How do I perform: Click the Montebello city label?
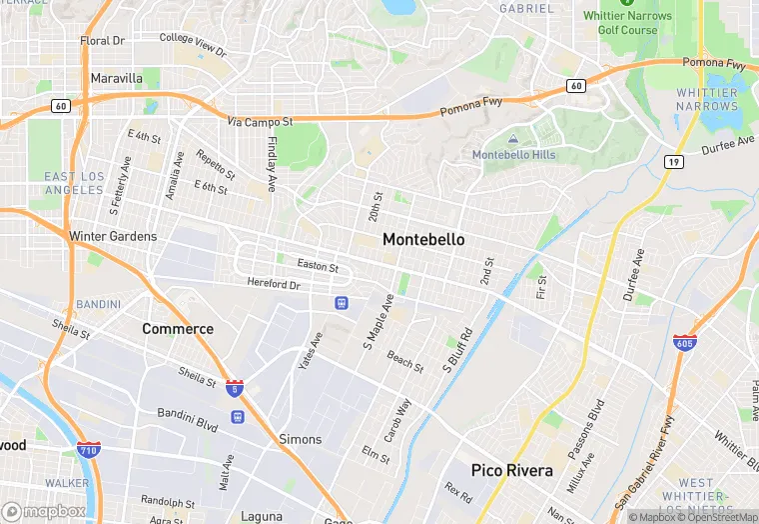[423, 240]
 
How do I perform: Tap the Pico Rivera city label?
[513, 469]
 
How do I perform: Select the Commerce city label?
[178, 329]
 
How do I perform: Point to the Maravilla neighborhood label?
[116, 78]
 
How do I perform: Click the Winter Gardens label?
[113, 236]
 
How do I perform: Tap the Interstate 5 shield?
[235, 388]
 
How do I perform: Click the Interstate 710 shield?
[88, 449]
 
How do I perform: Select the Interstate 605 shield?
[685, 344]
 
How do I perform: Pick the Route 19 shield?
[675, 161]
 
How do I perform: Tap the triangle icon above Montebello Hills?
[512, 140]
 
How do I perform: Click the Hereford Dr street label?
[274, 285]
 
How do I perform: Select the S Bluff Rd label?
[457, 350]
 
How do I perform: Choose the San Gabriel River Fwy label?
[644, 471]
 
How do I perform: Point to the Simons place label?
[300, 439]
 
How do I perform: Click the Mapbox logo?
[45, 511]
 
